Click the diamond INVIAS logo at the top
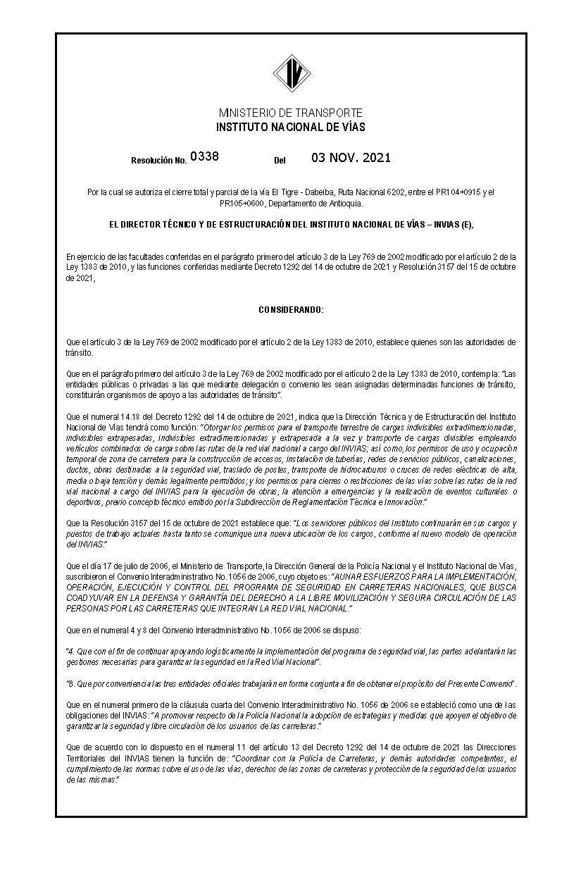point(292,73)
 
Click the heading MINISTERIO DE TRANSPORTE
point(291,113)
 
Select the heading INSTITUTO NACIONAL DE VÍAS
point(291,128)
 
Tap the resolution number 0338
point(204,156)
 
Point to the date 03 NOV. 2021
point(351,158)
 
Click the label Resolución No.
point(158,161)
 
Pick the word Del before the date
point(280,161)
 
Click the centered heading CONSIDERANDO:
point(291,310)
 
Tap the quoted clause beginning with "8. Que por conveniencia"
point(291,684)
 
